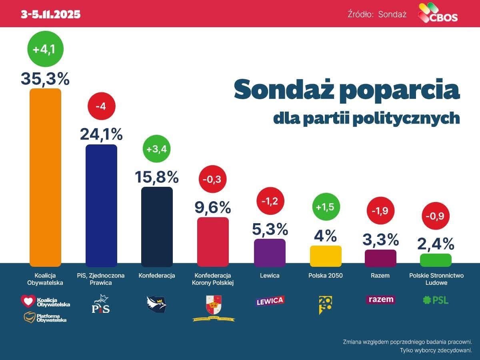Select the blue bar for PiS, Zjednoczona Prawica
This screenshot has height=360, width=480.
pyautogui.click(x=101, y=205)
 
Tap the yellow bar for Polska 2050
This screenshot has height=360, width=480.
pyautogui.click(x=326, y=256)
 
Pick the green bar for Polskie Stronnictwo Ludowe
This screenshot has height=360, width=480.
pyautogui.click(x=436, y=260)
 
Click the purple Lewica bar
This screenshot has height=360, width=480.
pyautogui.click(x=270, y=252)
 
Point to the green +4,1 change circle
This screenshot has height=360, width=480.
pyautogui.click(x=45, y=50)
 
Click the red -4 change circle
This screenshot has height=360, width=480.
pyautogui.click(x=101, y=106)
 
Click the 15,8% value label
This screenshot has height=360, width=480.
pyautogui.click(x=157, y=176)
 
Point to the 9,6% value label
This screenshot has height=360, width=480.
pyautogui.click(x=213, y=207)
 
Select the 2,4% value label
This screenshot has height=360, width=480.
pyautogui.click(x=436, y=244)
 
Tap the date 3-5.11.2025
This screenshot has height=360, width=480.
pyautogui.click(x=51, y=14)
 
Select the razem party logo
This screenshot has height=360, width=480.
pyautogui.click(x=380, y=300)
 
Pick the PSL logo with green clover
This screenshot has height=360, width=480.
pyautogui.click(x=436, y=300)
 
